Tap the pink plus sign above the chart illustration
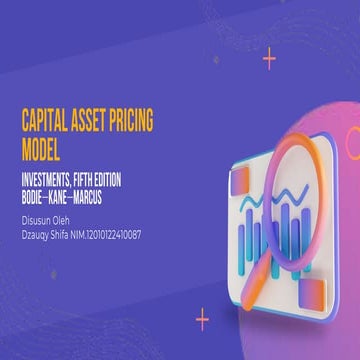click(269, 59)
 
